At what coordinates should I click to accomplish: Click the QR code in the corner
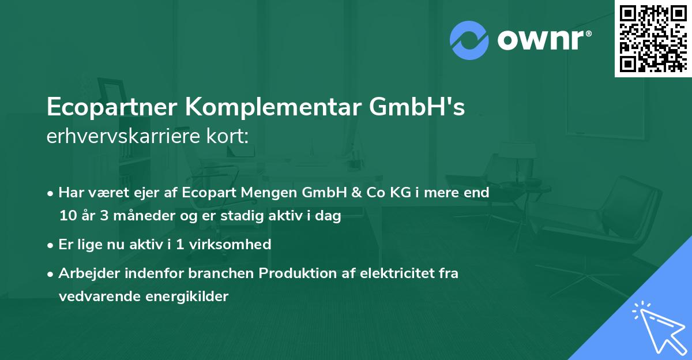653,38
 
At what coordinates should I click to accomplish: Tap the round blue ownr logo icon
469,40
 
